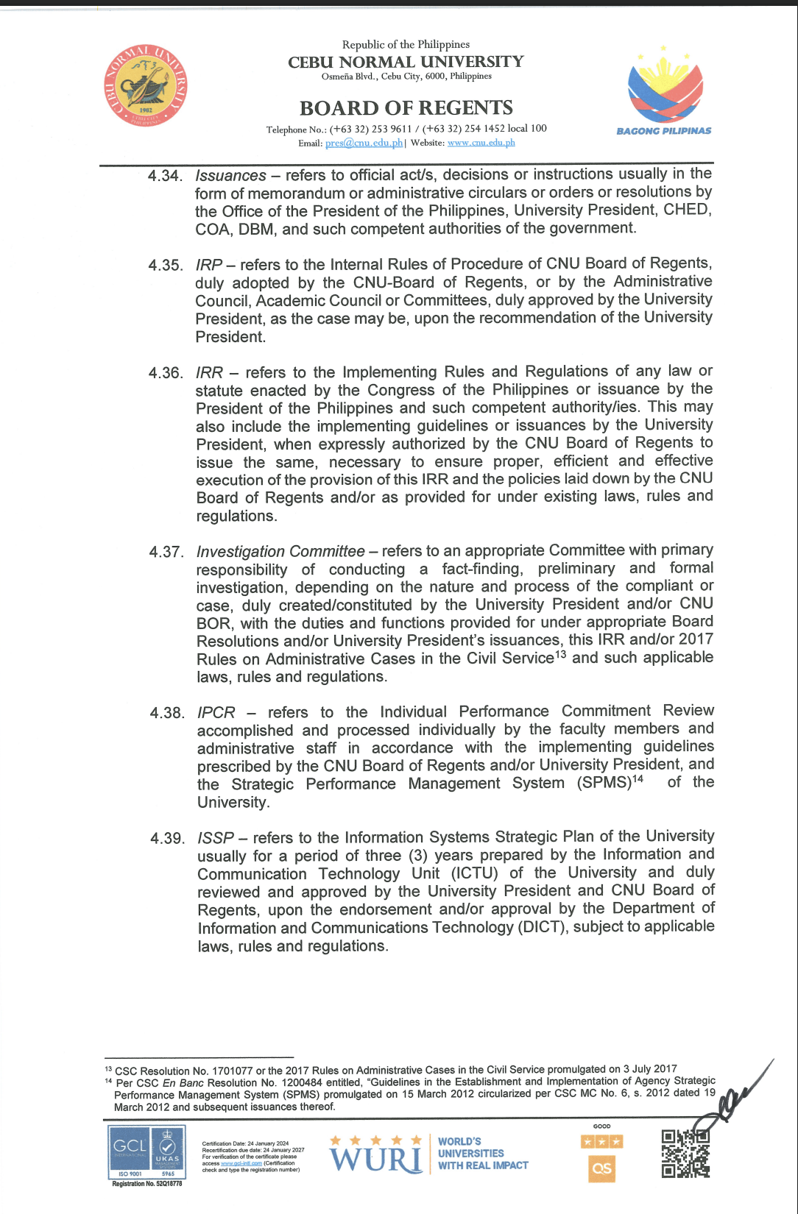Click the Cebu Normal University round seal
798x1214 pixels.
pyautogui.click(x=145, y=86)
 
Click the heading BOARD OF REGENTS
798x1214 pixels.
pyautogui.click(x=406, y=108)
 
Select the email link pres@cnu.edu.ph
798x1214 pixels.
pyautogui.click(x=364, y=143)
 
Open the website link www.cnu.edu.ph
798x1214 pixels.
pyautogui.click(x=481, y=143)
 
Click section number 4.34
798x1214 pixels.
pyautogui.click(x=164, y=176)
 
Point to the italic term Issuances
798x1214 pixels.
pyautogui.click(x=230, y=176)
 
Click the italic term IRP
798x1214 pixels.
pyautogui.click(x=209, y=265)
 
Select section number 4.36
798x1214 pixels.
pyautogui.click(x=165, y=373)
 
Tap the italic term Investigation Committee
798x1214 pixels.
pyautogui.click(x=280, y=552)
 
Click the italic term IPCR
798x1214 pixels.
pyautogui.click(x=216, y=713)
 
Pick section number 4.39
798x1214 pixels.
pyautogui.click(x=167, y=838)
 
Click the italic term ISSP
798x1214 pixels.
pyautogui.click(x=216, y=838)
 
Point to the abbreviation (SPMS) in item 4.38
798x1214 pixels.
pyautogui.click(x=604, y=783)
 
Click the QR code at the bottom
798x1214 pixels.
pyautogui.click(x=685, y=1152)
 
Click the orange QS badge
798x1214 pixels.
pyautogui.click(x=601, y=1168)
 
